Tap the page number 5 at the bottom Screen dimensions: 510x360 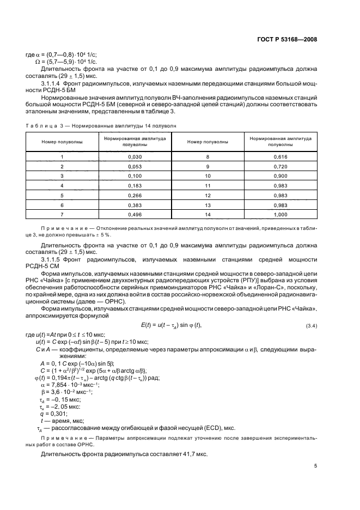pyautogui.click(x=315, y=465)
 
